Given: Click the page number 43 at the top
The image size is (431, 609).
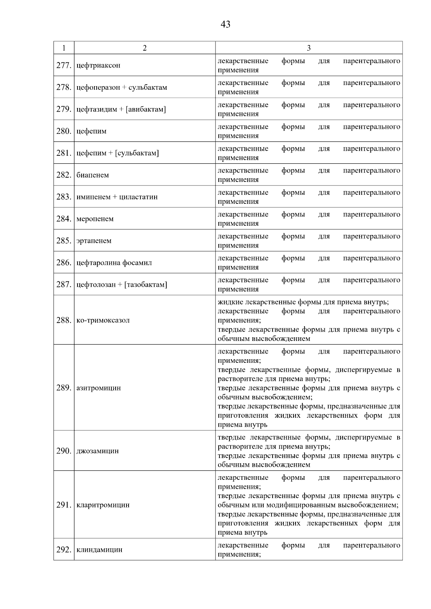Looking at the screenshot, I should click(225, 24).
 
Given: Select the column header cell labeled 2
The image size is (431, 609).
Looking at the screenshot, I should click(144, 48).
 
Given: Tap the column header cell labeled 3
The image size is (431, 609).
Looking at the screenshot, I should click(309, 48).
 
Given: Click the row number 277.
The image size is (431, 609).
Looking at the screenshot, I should click(64, 65).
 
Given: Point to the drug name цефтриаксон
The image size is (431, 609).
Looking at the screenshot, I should click(98, 66).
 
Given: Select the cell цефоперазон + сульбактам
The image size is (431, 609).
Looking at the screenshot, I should click(122, 88).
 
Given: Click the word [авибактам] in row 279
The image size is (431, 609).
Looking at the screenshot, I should click(146, 109).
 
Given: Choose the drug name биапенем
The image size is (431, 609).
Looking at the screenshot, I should click(93, 175).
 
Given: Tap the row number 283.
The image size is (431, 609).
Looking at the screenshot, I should click(64, 197).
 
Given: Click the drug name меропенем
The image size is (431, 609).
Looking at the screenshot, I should click(95, 219).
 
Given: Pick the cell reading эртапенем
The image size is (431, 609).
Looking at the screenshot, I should click(94, 241).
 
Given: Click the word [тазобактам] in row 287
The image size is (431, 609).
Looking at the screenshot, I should click(145, 285).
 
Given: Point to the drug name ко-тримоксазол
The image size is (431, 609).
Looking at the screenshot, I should click(103, 320).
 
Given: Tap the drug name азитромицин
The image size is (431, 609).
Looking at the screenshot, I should click(99, 388).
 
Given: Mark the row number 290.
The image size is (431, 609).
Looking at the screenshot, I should click(64, 451).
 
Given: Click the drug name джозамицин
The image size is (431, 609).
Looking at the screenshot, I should click(97, 451).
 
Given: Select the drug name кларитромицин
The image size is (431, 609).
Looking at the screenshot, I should click(103, 505).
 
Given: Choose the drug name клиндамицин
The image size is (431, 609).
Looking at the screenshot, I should click(99, 550).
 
